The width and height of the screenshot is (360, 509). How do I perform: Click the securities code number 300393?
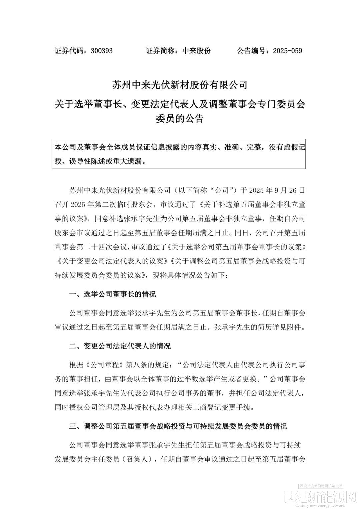tap(102, 51)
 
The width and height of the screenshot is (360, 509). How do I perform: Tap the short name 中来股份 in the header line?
tap(197, 51)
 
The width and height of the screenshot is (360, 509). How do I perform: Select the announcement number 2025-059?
tap(287, 51)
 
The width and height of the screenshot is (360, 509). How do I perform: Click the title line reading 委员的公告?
tap(180, 119)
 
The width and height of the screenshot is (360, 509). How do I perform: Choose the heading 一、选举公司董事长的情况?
tap(112, 294)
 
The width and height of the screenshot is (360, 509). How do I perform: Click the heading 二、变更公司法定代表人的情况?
tap(120, 346)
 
